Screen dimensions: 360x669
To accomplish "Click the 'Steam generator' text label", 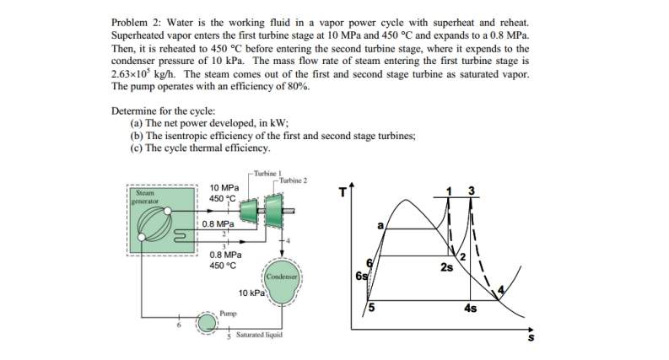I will pos(141,196).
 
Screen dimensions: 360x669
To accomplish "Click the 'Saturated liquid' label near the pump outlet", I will pos(256,335).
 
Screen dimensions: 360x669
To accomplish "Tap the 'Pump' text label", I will pos(227,313).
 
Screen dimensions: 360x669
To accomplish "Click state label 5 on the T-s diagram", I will pos(370,307).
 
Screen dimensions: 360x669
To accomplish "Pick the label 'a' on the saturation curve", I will pos(380,225).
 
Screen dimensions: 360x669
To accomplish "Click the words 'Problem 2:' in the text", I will pos(135,19).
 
